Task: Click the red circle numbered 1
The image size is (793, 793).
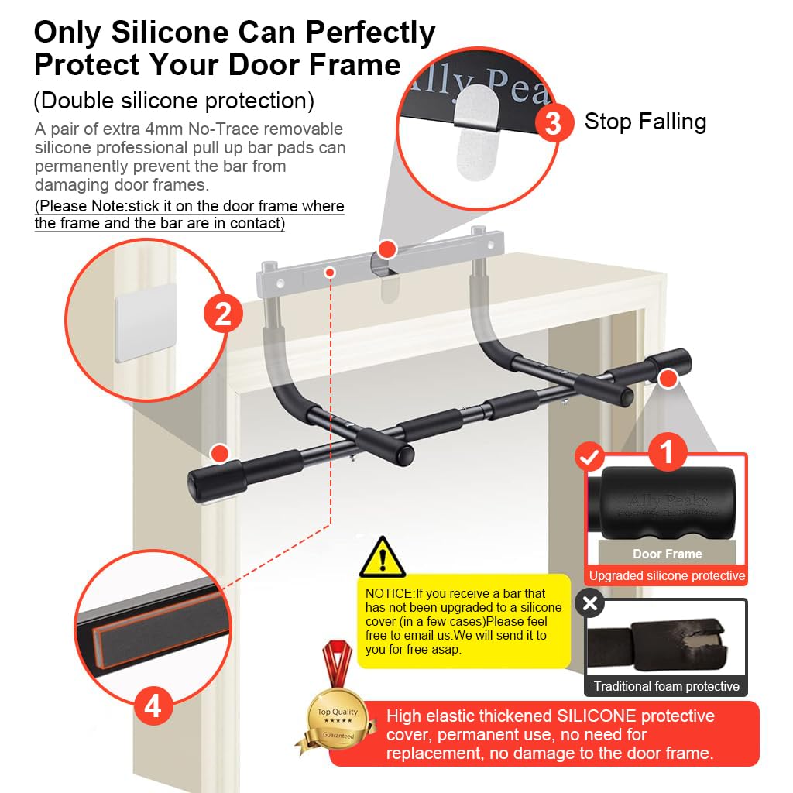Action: click(668, 451)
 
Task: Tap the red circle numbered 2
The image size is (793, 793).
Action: click(223, 314)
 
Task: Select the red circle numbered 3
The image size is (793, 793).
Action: click(553, 122)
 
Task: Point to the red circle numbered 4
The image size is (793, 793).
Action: click(153, 705)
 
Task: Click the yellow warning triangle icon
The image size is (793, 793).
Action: click(383, 558)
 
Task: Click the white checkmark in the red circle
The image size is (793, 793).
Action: click(589, 457)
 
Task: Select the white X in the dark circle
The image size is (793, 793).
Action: click(589, 602)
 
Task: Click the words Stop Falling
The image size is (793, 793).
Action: click(645, 122)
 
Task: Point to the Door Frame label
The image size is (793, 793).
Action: click(667, 554)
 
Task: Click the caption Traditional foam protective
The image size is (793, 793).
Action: click(666, 686)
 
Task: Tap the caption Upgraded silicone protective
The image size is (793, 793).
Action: click(667, 575)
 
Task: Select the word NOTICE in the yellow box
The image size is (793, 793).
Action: click(389, 593)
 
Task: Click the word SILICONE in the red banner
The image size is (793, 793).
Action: click(596, 716)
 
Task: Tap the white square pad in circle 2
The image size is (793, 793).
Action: click(146, 323)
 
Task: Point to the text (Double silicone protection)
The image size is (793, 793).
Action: click(174, 101)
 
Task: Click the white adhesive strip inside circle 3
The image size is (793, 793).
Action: click(476, 132)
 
